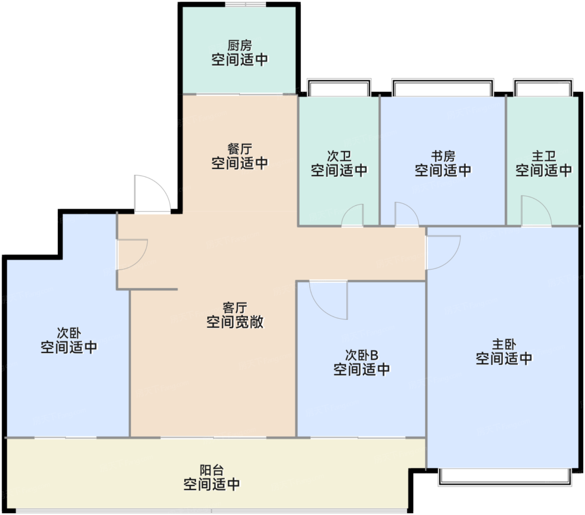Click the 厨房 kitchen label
point(239,45)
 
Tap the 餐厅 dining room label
point(239,149)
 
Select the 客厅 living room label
point(234,308)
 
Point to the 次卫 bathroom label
point(339,156)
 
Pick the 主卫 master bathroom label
point(543,156)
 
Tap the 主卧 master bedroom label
point(504,344)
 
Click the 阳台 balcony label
point(211,470)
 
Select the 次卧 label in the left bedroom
point(69,333)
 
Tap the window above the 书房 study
point(442,87)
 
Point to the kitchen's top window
point(245,4)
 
